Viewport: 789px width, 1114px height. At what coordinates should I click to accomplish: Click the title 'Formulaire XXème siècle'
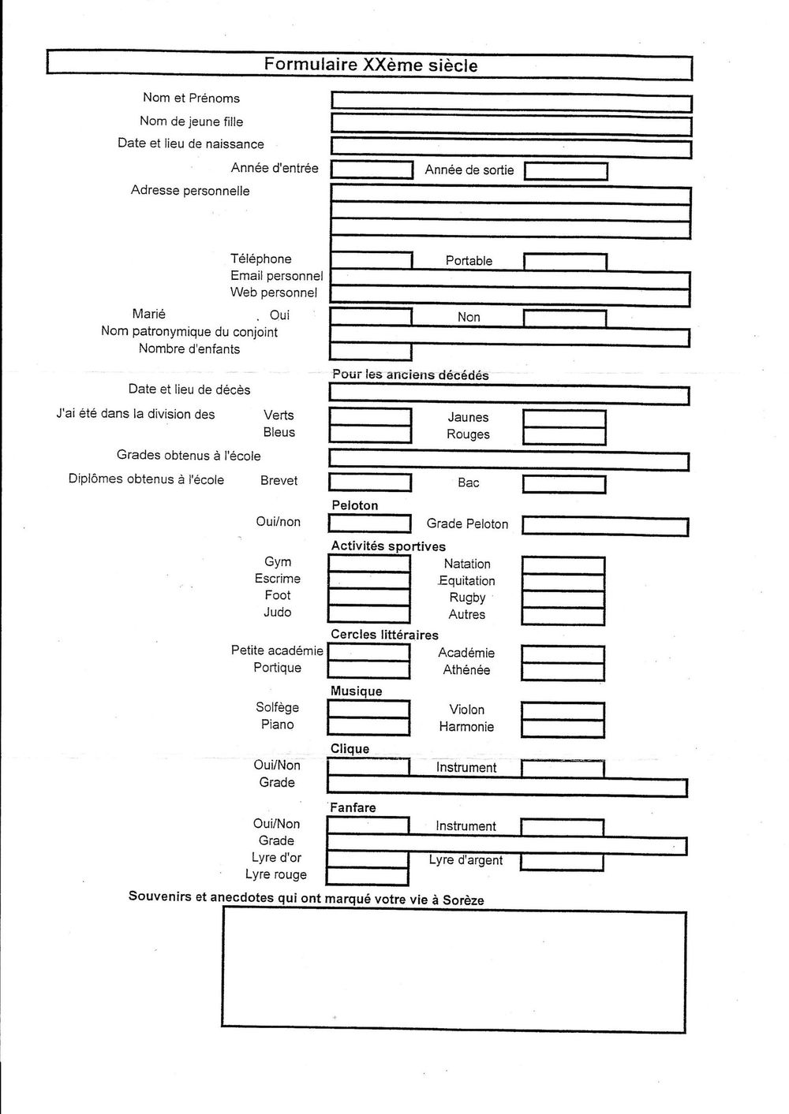tap(371, 65)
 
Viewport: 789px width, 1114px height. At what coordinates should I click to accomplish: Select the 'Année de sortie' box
tap(566, 171)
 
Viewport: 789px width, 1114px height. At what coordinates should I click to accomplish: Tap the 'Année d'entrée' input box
tap(372, 170)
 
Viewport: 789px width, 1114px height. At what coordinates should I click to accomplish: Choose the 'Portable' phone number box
tap(565, 262)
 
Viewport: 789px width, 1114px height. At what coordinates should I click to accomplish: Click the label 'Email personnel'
tap(276, 276)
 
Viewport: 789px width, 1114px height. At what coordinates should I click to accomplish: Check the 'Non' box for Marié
tap(565, 318)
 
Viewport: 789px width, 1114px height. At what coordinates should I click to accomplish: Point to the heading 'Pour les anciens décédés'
tap(410, 375)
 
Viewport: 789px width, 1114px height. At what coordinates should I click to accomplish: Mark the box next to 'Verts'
tap(370, 416)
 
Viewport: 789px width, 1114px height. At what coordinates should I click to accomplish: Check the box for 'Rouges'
tap(564, 435)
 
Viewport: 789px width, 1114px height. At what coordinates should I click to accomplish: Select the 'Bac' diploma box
tap(564, 482)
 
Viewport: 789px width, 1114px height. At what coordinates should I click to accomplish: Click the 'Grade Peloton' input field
tap(605, 526)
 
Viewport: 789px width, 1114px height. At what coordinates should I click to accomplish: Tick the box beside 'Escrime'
tap(369, 580)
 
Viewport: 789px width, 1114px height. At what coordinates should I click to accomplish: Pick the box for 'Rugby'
tap(563, 598)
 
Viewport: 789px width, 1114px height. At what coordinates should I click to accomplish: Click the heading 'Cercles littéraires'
tap(384, 635)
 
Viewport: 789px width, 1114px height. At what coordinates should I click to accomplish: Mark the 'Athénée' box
tap(563, 671)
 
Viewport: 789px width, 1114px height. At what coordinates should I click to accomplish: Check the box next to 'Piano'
tap(368, 725)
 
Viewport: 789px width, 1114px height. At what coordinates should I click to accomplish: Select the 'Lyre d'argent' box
tap(563, 861)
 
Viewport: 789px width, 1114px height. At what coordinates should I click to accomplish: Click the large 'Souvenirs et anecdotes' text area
tap(454, 970)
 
